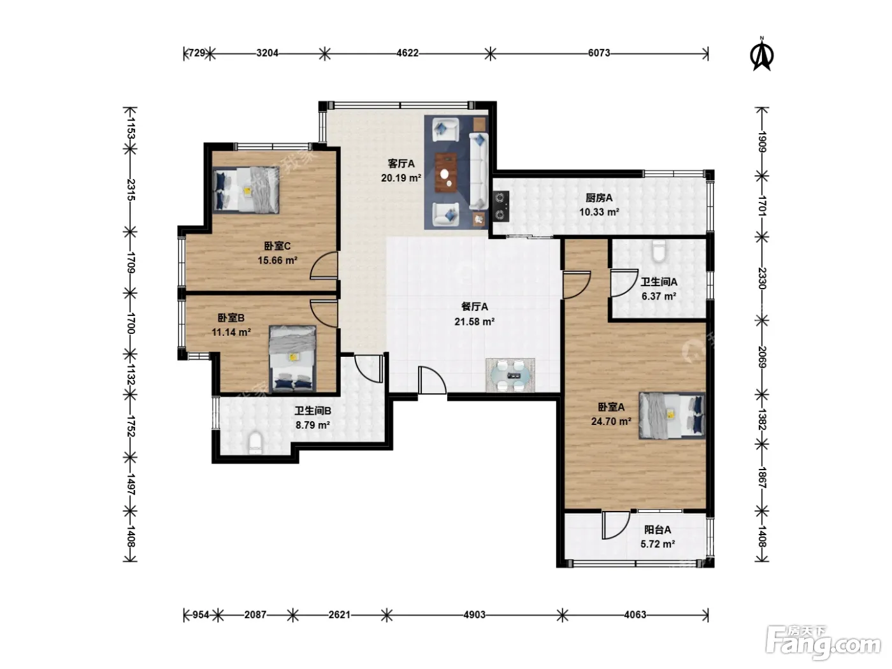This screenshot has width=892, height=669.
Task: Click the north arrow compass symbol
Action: (x=762, y=54)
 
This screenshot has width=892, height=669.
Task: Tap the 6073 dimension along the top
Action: (x=599, y=53)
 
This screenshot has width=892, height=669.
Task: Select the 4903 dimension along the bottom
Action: (x=474, y=615)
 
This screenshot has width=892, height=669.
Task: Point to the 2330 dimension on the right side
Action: (x=762, y=278)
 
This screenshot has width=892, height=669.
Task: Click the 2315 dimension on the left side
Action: (x=130, y=190)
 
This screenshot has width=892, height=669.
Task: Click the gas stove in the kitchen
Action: (x=501, y=206)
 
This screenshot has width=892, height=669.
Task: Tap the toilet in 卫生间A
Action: (x=658, y=250)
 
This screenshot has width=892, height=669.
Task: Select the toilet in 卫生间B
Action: (x=255, y=443)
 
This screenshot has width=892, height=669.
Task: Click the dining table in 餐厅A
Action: (x=510, y=375)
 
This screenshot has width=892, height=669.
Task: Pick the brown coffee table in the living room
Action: (x=446, y=172)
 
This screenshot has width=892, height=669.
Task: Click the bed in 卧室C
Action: (x=246, y=190)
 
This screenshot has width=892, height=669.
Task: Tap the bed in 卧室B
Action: (x=292, y=358)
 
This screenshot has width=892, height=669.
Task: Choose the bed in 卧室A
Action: (x=672, y=415)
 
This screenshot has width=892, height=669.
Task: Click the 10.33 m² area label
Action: (x=599, y=212)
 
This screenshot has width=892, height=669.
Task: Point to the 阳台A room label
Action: (x=658, y=529)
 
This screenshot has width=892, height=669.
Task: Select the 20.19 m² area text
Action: (x=401, y=178)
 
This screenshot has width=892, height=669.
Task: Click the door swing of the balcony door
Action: (x=615, y=525)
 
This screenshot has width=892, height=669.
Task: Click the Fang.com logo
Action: (x=823, y=643)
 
